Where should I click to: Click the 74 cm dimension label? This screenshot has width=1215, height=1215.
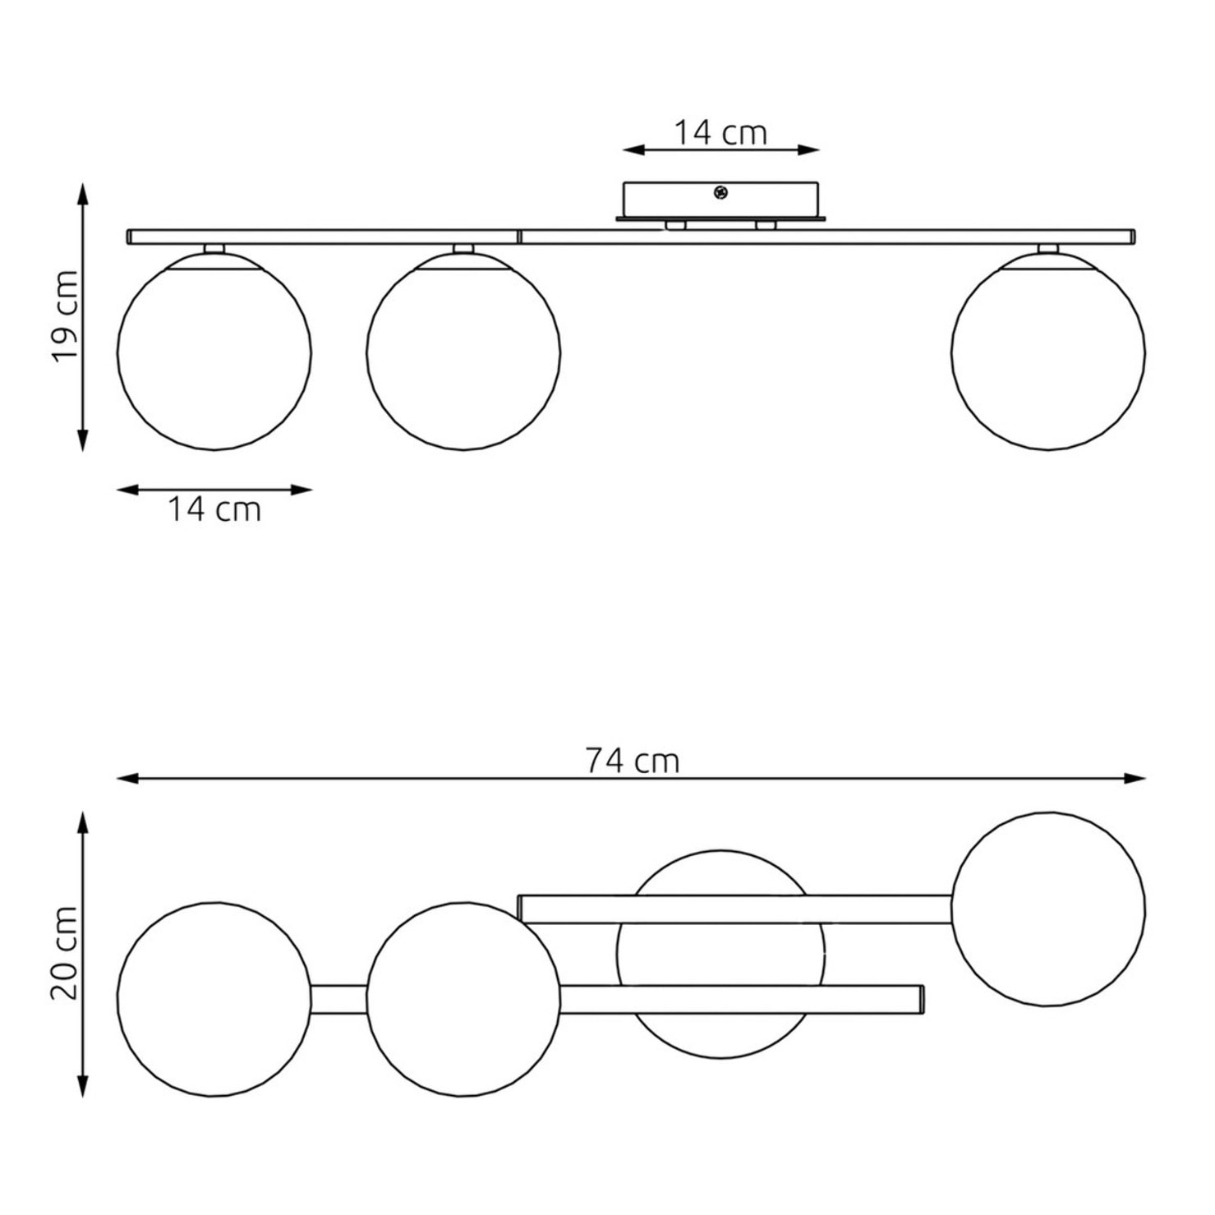point(633,761)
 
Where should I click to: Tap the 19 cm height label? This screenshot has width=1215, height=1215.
point(65,315)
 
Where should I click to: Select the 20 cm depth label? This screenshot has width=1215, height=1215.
point(65,954)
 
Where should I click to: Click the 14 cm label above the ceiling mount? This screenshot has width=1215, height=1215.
point(720,132)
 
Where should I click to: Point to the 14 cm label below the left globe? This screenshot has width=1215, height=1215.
point(214,509)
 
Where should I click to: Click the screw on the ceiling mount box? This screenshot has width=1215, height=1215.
point(720,193)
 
